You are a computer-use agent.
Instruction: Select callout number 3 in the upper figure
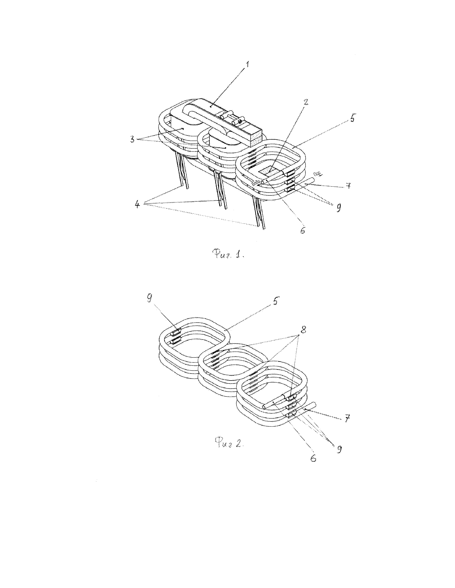coord(133,140)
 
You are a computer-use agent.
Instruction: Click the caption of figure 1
coord(228,254)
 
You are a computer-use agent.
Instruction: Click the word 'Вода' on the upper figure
coord(256,183)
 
